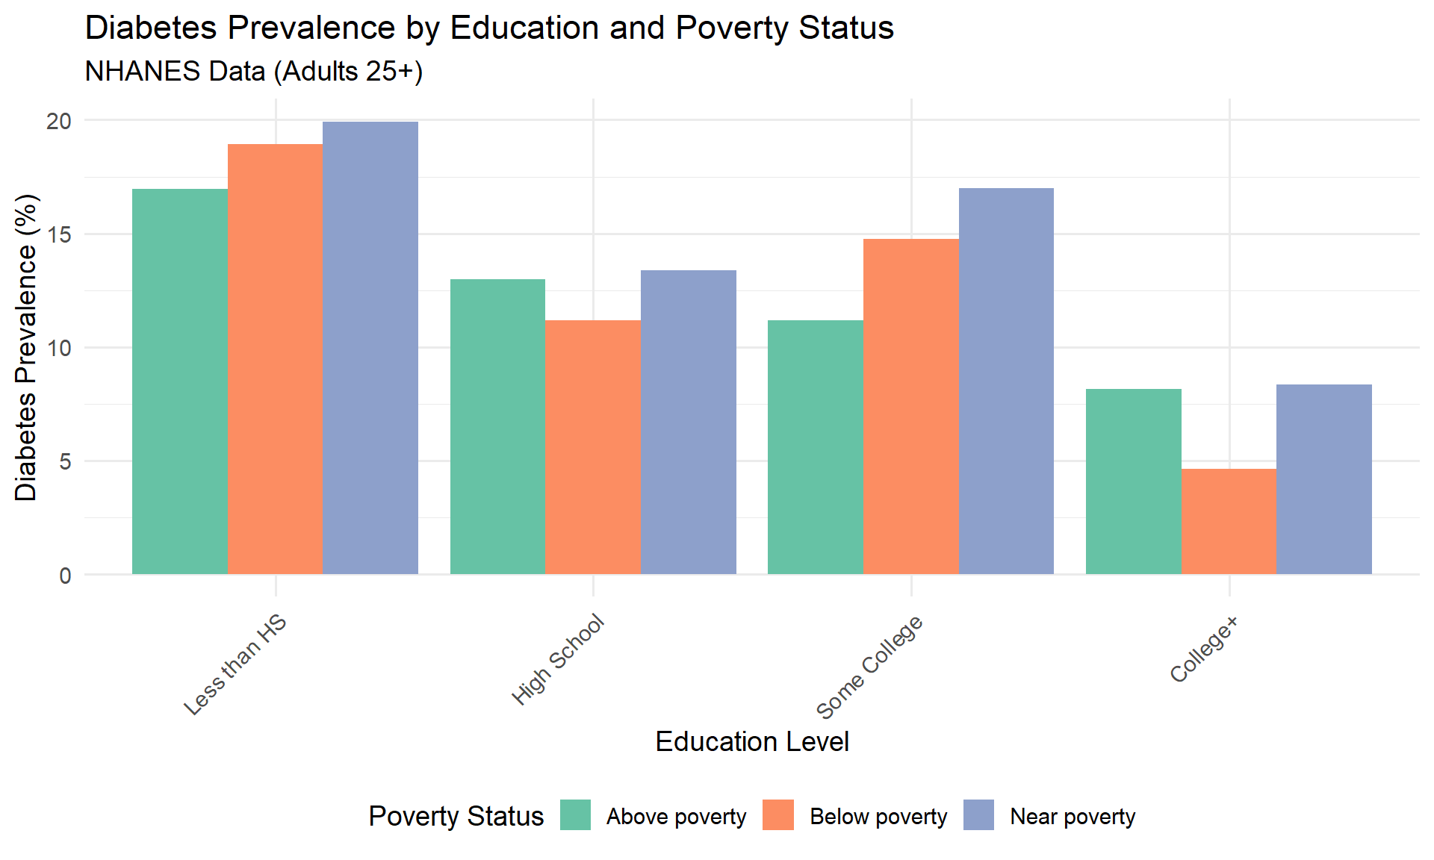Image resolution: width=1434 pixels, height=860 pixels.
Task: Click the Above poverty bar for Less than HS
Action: coord(180,381)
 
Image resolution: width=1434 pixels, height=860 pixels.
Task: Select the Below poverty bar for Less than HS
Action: coord(276,359)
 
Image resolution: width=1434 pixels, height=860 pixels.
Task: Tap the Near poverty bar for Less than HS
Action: coord(370,348)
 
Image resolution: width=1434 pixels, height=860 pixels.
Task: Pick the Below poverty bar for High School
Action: coord(593,447)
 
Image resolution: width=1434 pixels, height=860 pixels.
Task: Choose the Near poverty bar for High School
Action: coord(689,422)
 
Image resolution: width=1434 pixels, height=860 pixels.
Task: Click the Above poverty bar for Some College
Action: coord(816,447)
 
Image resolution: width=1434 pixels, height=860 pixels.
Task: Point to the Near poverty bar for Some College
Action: coord(1006,381)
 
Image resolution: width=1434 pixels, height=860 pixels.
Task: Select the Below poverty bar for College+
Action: coord(1229,521)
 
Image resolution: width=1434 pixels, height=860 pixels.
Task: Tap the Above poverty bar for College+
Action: coord(1134,482)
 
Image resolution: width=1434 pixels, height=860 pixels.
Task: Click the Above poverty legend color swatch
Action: coord(576,815)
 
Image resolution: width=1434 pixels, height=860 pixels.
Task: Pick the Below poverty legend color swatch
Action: coord(778,815)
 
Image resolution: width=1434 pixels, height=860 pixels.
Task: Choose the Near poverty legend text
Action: coord(1073,817)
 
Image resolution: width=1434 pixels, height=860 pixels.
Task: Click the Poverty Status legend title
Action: coord(456,816)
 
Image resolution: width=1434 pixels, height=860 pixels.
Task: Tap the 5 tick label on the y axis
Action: coord(66,461)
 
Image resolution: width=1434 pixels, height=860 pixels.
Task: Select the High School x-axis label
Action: coord(558,659)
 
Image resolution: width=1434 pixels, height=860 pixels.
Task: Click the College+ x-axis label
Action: coord(1203,649)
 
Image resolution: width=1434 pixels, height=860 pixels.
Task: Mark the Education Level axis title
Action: coord(752,741)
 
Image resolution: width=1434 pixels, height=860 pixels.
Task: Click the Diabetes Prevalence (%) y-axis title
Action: coord(26,347)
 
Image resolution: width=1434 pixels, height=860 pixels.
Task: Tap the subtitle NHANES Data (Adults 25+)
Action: coord(254,72)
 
